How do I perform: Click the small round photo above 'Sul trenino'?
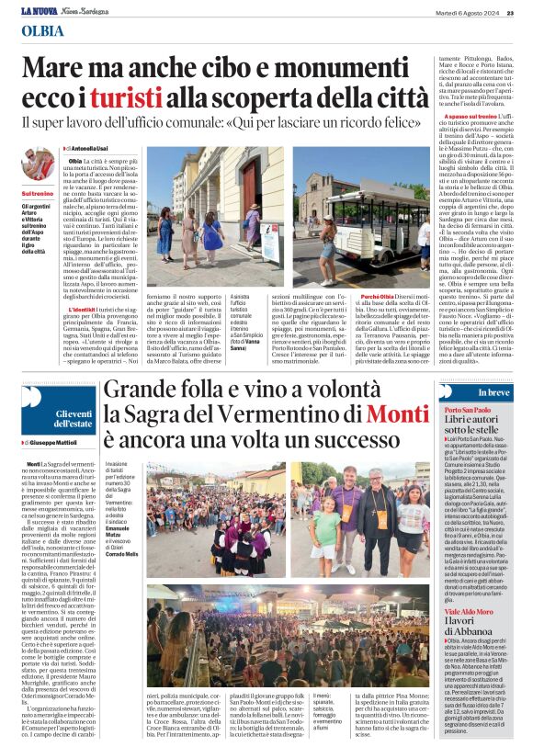pyautogui.click(x=38, y=164)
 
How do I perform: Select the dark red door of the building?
pyautogui.click(x=250, y=187)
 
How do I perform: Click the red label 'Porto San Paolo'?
pyautogui.click(x=467, y=409)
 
